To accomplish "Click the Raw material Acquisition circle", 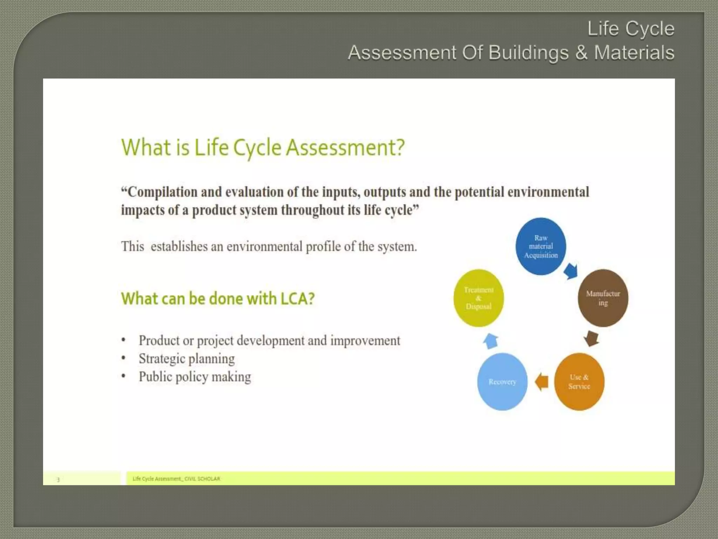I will point(541,246).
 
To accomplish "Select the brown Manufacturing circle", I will point(603,298).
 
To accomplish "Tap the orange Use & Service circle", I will point(579,381).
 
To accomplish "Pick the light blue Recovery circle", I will point(502,381).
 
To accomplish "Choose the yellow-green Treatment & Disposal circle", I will point(479,298).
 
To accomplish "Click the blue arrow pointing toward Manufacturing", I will point(571,271).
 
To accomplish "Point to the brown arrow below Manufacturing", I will point(591,338).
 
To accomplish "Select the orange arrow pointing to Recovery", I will point(542,381).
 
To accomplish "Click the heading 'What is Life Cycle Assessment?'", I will point(263,147).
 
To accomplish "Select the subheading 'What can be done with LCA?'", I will point(218,299).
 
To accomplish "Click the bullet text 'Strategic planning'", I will point(187,359).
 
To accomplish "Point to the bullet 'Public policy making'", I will point(195,377).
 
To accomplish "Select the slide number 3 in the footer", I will point(58,479).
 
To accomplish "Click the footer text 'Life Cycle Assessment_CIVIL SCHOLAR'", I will point(176,479).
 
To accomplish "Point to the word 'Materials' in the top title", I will point(634,53).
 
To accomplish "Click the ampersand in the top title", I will point(581,53).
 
